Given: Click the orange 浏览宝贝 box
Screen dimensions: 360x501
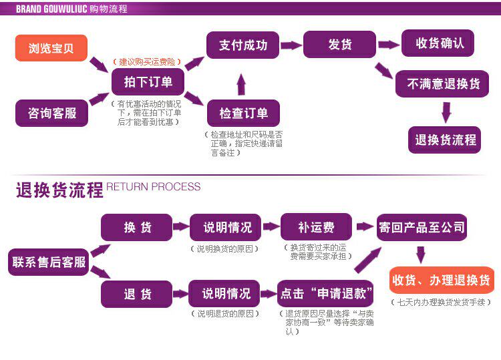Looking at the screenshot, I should pos(51,48).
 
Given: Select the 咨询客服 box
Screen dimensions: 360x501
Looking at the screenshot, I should pos(51,113).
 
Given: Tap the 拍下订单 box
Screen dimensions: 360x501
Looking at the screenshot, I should pos(148,81).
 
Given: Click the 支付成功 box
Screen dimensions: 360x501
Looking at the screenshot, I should pos(242,45).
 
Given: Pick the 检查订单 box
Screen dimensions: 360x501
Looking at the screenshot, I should pos(243,113).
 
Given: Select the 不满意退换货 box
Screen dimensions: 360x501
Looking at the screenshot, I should pos(443,84).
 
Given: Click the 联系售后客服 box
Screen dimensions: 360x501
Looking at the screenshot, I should pos(49,262).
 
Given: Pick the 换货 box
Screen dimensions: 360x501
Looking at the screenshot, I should pos(137,227).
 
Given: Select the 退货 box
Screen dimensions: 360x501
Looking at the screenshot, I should pos(137,294).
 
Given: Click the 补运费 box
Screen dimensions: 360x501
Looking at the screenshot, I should pos(315,227).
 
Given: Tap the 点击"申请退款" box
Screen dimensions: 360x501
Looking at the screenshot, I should pos(325,294).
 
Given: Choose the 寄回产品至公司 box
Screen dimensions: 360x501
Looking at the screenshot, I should pos(421,227).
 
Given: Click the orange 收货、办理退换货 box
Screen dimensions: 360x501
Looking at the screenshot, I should pos(441,280).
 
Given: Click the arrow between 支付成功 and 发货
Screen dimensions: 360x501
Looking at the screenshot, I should pos(291,45).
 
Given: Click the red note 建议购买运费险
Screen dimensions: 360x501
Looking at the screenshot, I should pos(147,61).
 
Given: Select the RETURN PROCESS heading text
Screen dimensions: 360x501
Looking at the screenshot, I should pos(154,187).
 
